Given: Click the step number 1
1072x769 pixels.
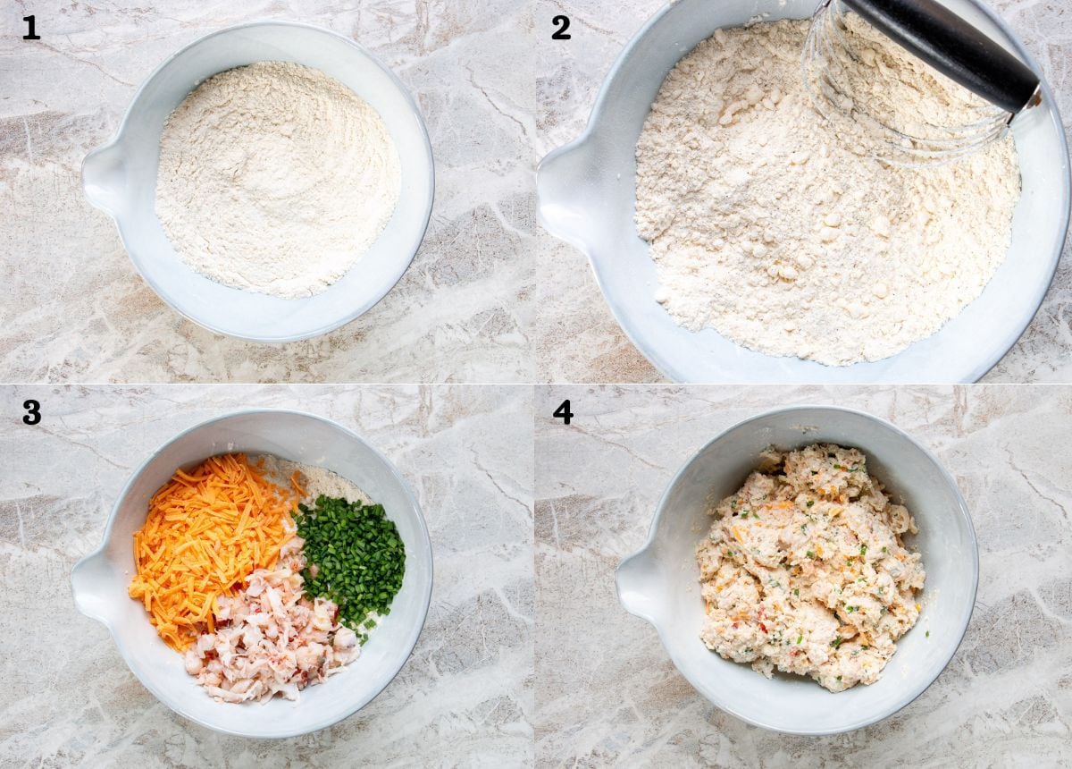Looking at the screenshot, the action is [31, 29].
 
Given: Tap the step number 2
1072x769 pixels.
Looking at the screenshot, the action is [561, 28].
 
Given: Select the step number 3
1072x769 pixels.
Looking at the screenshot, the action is [31, 412].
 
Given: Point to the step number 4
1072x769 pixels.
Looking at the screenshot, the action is [563, 412].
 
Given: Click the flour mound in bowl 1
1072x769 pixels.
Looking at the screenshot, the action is [278, 180].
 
